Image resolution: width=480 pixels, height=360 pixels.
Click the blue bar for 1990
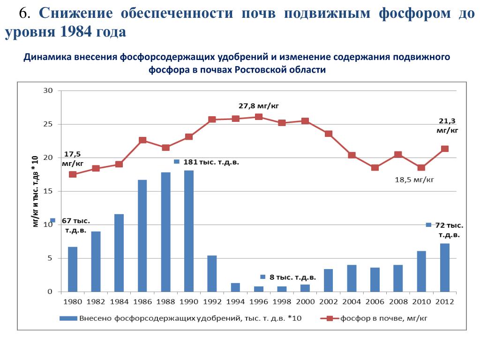[x=189, y=231]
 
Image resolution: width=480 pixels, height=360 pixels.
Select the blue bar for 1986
[x=142, y=236]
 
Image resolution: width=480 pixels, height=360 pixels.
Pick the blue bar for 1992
[x=212, y=274]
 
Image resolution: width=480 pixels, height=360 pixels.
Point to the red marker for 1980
[x=73, y=174]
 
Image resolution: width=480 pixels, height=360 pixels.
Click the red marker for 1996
[x=259, y=117]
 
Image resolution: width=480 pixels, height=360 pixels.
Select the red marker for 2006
[x=375, y=167]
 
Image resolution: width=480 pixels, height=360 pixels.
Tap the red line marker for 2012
[x=445, y=149]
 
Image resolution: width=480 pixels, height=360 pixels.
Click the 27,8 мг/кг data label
[x=255, y=106]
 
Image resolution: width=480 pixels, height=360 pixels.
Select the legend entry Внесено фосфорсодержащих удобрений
[x=190, y=318]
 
